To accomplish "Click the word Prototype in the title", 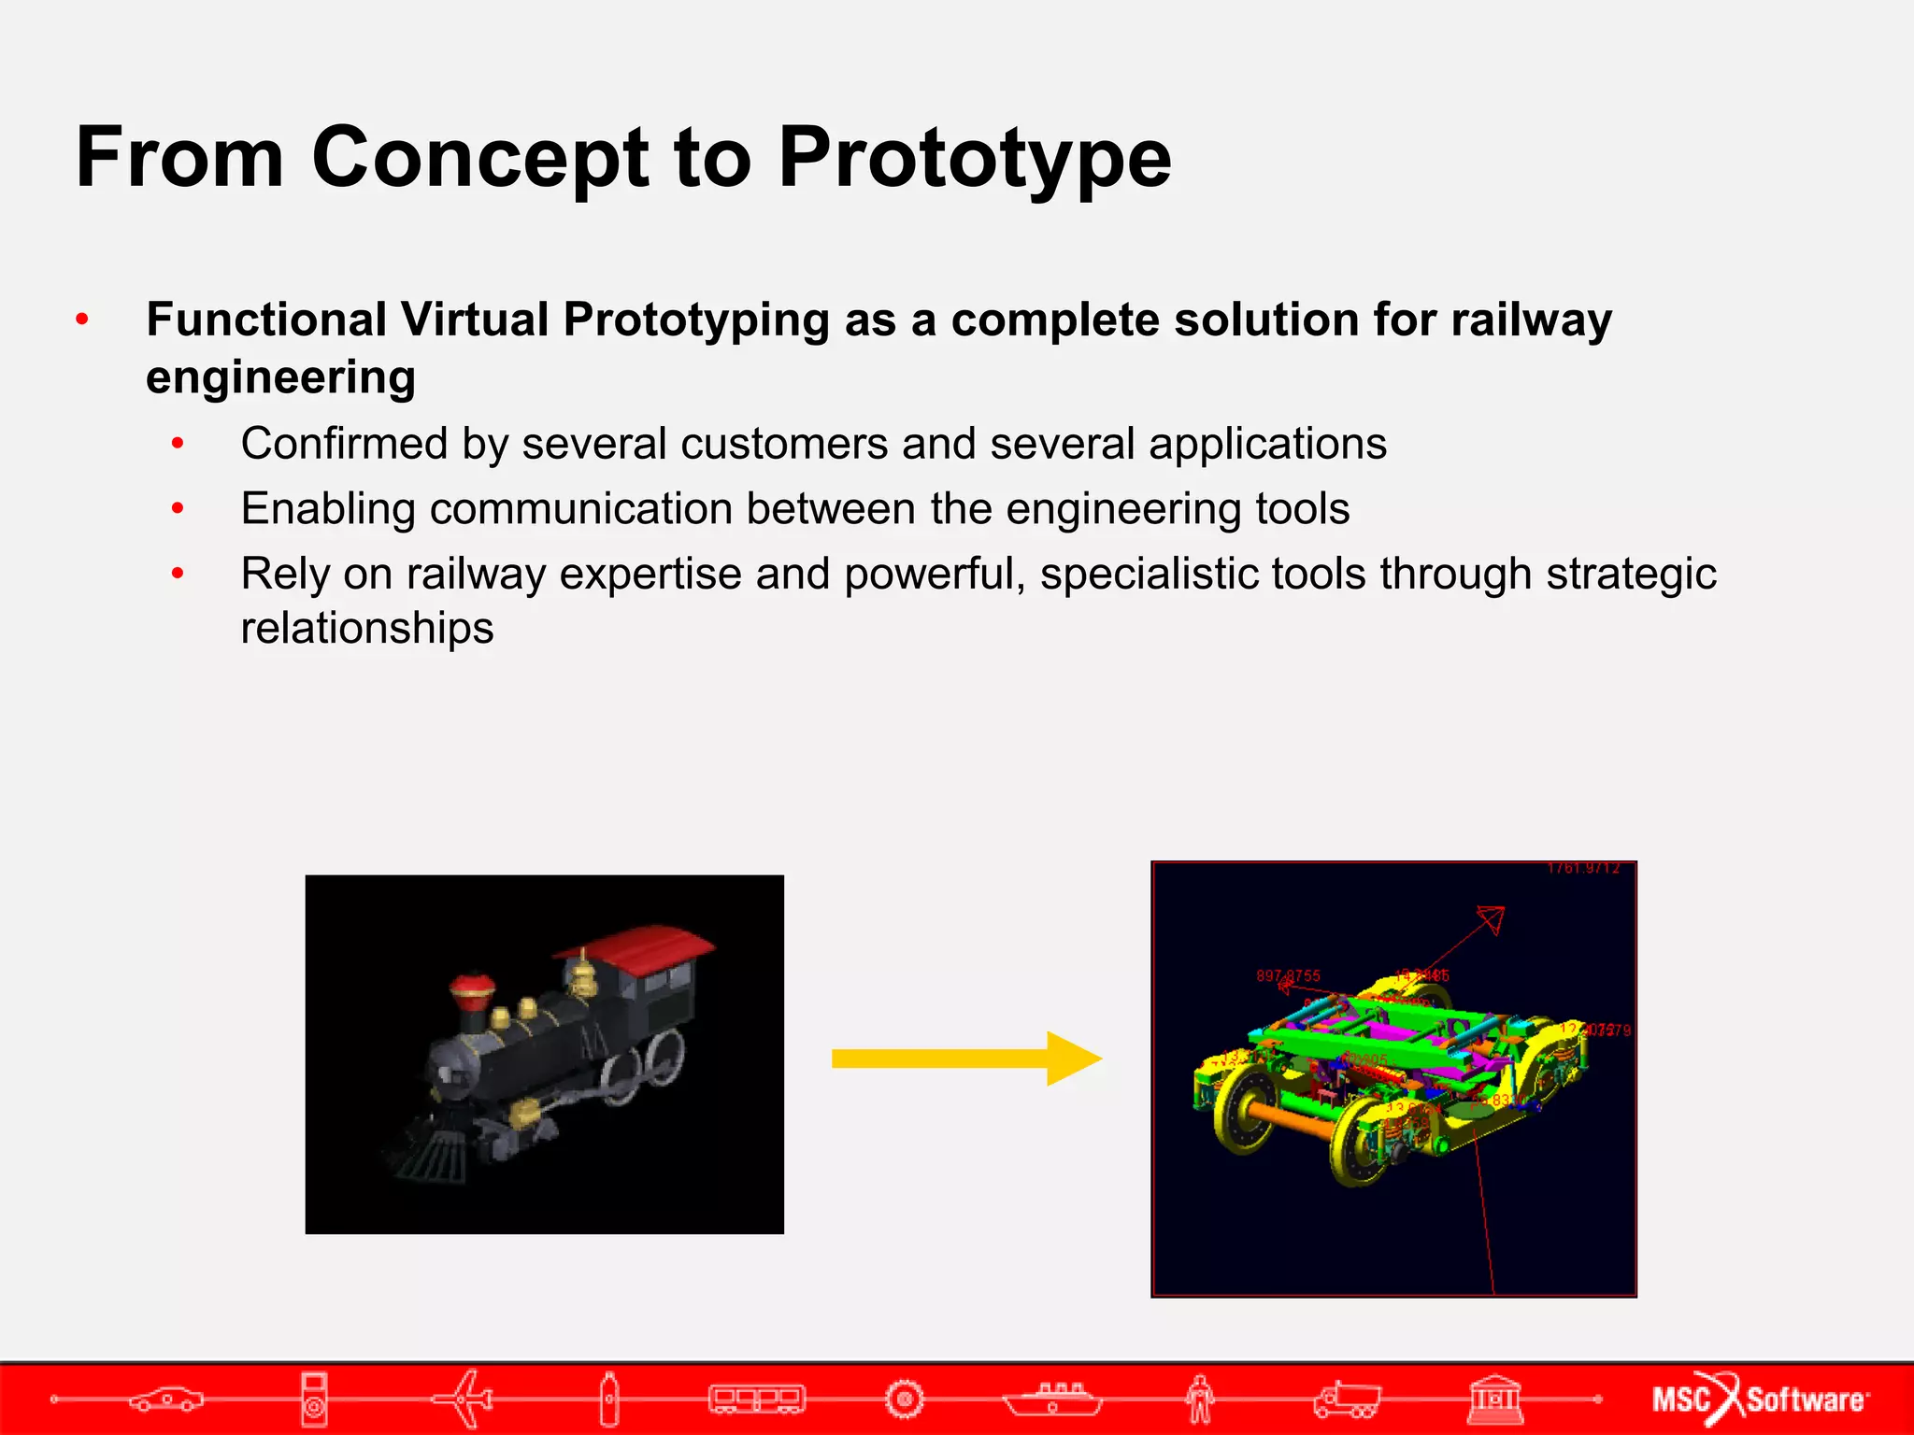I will (x=974, y=159).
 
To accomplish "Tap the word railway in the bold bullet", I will (x=1531, y=320).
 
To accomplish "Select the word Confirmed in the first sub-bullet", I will (x=343, y=444).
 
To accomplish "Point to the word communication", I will (x=580, y=509).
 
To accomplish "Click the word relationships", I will (x=366, y=628).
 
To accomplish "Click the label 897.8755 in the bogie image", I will (x=1288, y=975).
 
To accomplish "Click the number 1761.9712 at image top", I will (x=1582, y=869).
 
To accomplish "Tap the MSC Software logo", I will (x=1760, y=1399).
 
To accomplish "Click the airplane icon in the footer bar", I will (x=464, y=1399).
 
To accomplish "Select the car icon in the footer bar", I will (x=166, y=1399).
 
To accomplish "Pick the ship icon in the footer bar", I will (x=1052, y=1399).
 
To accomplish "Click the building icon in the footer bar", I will (x=1494, y=1399).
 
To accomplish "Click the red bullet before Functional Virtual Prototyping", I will (x=82, y=320).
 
